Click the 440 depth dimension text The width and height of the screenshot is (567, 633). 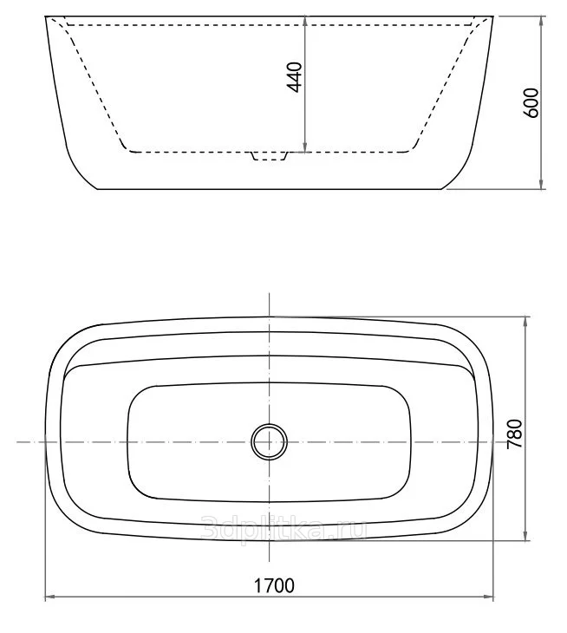coord(294,77)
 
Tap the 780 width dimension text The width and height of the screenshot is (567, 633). coord(514,433)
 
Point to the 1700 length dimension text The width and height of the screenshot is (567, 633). coord(274,585)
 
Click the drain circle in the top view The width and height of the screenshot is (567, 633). coord(269,441)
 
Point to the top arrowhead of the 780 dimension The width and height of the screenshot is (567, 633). coord(525,322)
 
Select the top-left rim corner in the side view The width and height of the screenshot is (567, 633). coord(46,17)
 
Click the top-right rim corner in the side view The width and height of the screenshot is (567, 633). coord(495,17)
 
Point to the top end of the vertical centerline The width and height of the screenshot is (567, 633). coord(270,296)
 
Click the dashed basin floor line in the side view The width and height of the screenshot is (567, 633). coord(191,151)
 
